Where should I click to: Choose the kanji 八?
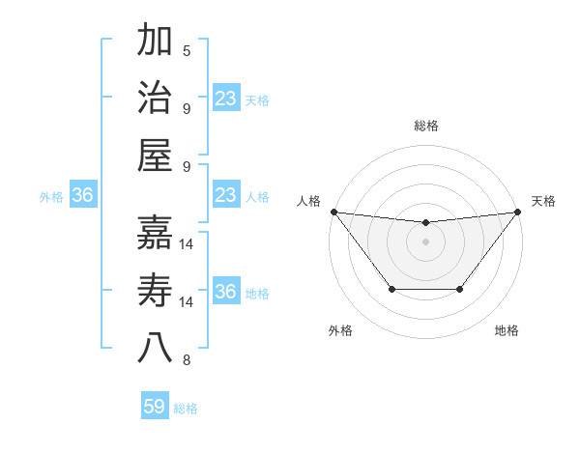pos(155,348)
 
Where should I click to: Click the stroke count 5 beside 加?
pos(187,50)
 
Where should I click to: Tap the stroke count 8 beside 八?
pos(187,361)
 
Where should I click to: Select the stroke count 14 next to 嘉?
pos(188,245)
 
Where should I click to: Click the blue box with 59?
pos(155,407)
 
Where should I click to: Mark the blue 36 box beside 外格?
pos(82,196)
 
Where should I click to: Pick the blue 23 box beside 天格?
pos(225,98)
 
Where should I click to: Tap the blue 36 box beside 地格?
pos(225,292)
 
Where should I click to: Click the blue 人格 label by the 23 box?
pos(257,196)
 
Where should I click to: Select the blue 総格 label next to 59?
pos(186,409)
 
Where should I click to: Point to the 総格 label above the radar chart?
pos(425,126)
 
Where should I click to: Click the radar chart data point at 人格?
pos(333,212)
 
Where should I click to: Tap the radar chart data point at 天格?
pos(517,212)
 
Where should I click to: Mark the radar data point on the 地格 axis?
pos(460,289)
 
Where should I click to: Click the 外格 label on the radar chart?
pos(340,331)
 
